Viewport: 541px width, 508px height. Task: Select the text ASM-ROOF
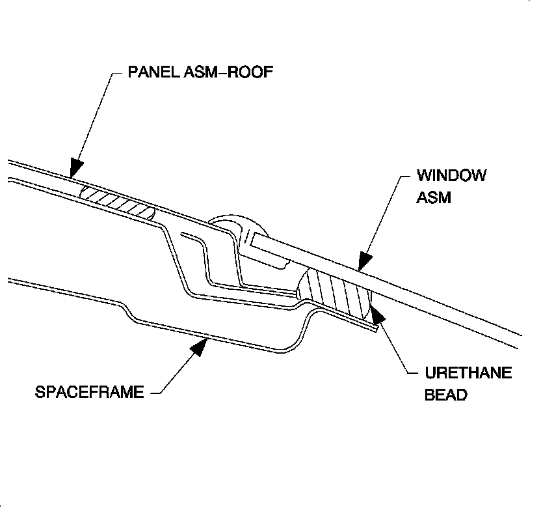click(x=227, y=70)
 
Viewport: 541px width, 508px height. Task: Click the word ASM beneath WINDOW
click(x=434, y=197)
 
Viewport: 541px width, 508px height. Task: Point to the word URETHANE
click(x=468, y=373)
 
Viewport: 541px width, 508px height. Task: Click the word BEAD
click(x=445, y=395)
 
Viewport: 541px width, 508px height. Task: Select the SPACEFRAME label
click(x=90, y=392)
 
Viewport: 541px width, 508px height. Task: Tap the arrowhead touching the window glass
click(x=365, y=260)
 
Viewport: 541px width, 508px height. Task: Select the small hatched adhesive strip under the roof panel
click(x=117, y=201)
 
